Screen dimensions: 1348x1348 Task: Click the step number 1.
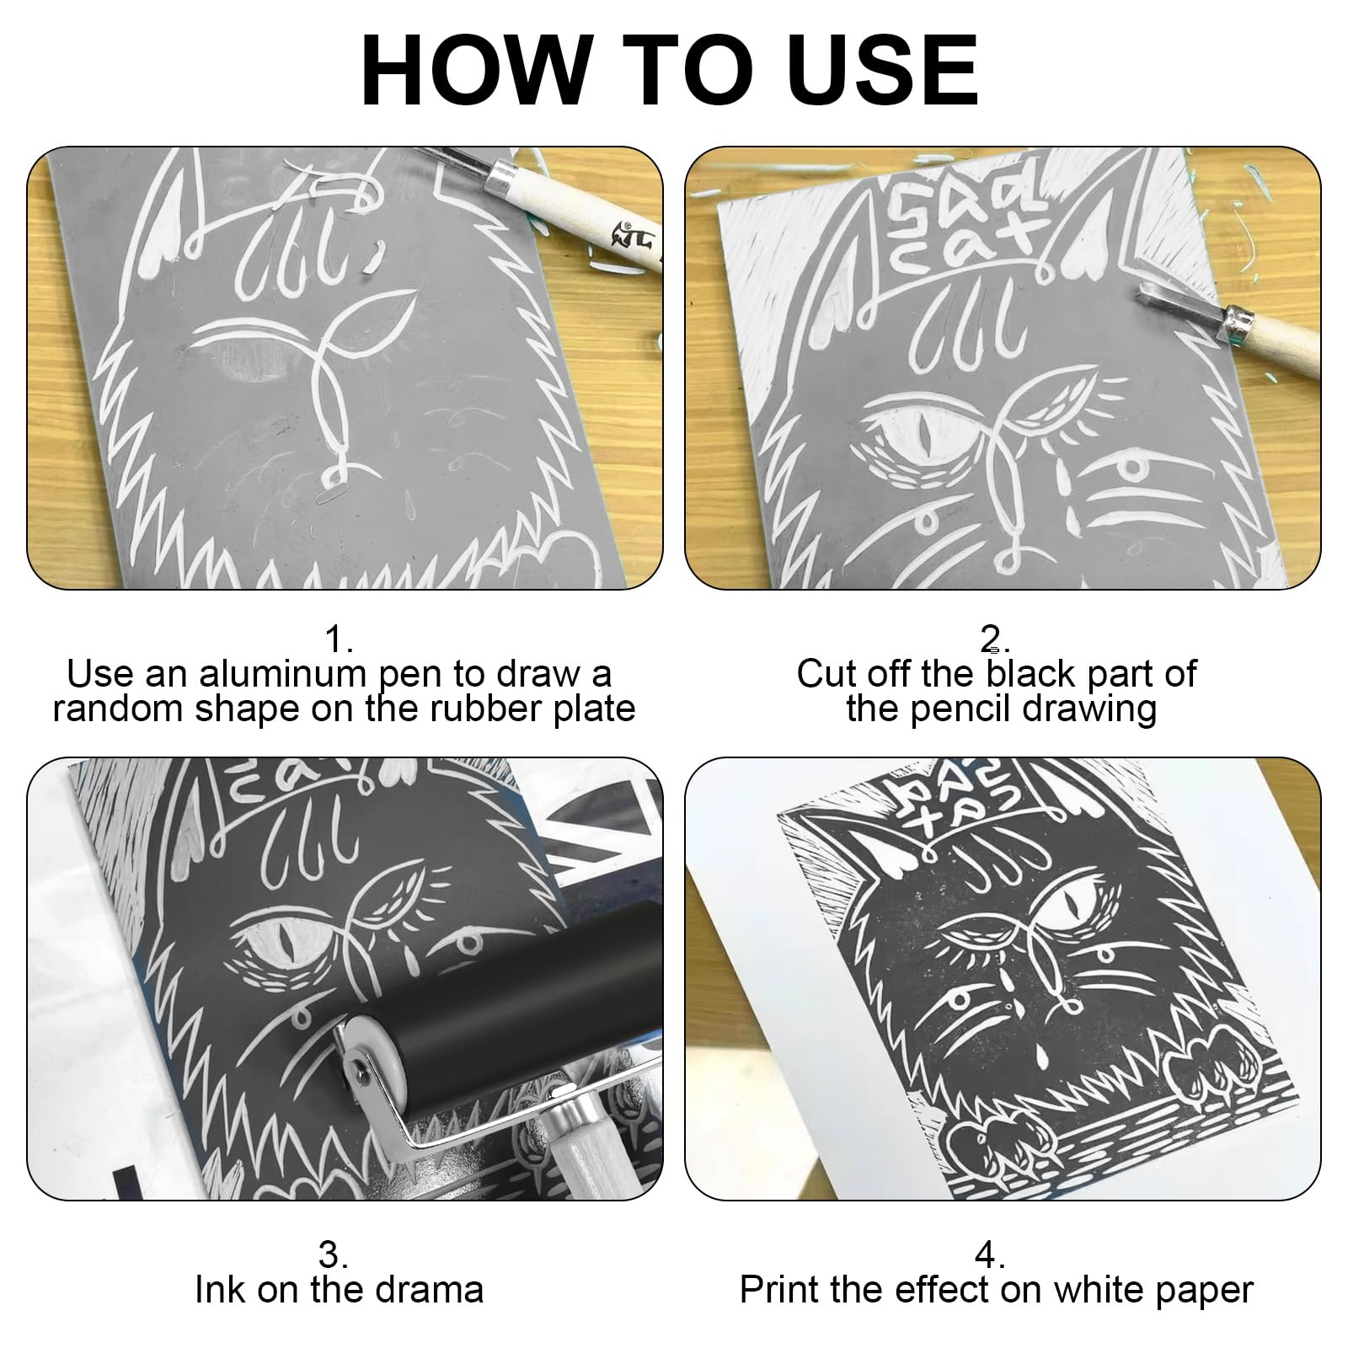click(339, 640)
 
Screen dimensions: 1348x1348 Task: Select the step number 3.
click(334, 1254)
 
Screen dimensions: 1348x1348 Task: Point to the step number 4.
click(991, 1254)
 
